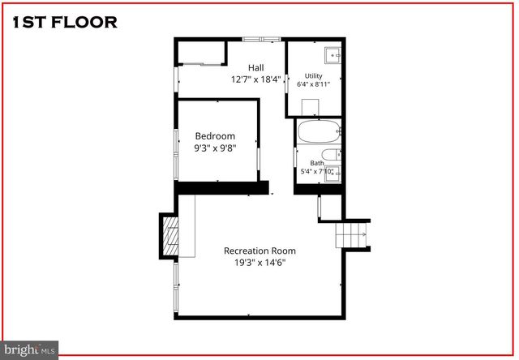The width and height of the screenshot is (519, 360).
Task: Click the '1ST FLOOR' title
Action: tap(65, 22)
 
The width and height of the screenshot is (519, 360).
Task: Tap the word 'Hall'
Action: tap(255, 67)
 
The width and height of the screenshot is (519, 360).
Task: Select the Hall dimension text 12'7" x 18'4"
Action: tap(255, 79)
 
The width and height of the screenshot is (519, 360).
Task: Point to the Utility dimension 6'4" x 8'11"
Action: tap(313, 84)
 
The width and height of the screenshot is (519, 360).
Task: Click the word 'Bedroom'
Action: tap(215, 135)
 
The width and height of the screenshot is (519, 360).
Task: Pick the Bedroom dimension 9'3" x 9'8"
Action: tap(215, 148)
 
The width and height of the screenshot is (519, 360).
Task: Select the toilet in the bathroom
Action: tap(331, 155)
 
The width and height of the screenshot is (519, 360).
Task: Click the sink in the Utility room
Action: tap(332, 56)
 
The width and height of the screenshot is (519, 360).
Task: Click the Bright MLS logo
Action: tap(29, 349)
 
